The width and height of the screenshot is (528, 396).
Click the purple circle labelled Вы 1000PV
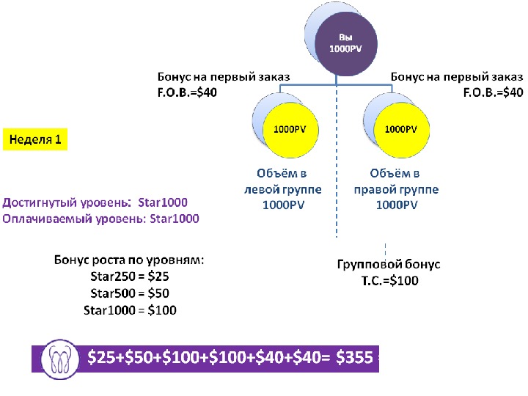tap(345, 43)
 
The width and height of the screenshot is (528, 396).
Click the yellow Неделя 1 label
tap(34, 139)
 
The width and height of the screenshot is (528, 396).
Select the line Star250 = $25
tap(130, 276)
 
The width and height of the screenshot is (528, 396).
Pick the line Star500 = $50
tap(130, 293)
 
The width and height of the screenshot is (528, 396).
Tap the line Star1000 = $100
tap(130, 309)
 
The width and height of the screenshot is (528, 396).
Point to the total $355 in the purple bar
tap(355, 358)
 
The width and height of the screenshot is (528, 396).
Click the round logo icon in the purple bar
tap(60, 358)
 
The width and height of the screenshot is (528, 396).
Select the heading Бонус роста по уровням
tap(130, 260)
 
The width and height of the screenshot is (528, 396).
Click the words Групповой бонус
tap(389, 265)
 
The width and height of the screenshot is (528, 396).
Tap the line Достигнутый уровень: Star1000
tap(95, 202)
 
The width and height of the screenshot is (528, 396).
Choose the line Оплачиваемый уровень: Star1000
tap(100, 219)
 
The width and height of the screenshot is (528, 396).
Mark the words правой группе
tap(396, 189)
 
